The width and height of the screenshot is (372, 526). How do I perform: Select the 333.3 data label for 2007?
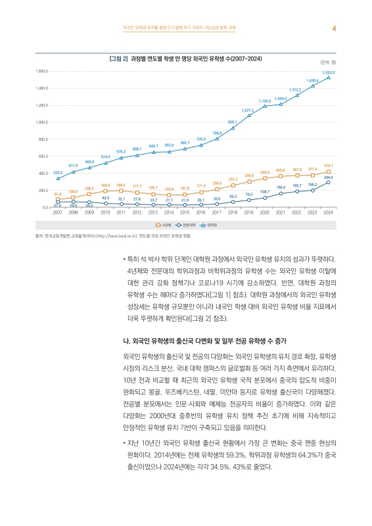pyautogui.click(x=57, y=172)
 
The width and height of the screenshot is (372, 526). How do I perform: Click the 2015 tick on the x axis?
pyautogui.click(x=185, y=213)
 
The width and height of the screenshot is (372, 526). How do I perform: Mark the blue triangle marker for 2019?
pyautogui.click(x=249, y=115)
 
